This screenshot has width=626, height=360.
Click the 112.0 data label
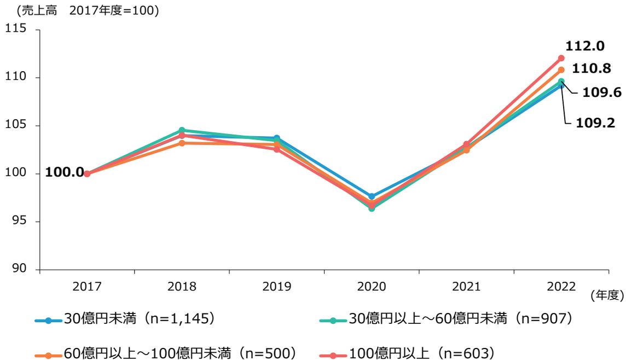[585, 47]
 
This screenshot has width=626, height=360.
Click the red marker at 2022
[561, 58]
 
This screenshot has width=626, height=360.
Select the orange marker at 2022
[561, 69]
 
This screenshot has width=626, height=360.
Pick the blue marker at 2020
[372, 196]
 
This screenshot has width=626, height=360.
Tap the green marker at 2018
[182, 130]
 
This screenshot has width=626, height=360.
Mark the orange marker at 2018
[182, 143]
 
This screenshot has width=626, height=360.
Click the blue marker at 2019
[277, 138]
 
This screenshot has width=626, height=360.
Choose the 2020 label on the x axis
[372, 286]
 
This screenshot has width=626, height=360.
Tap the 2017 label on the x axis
[87, 286]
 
